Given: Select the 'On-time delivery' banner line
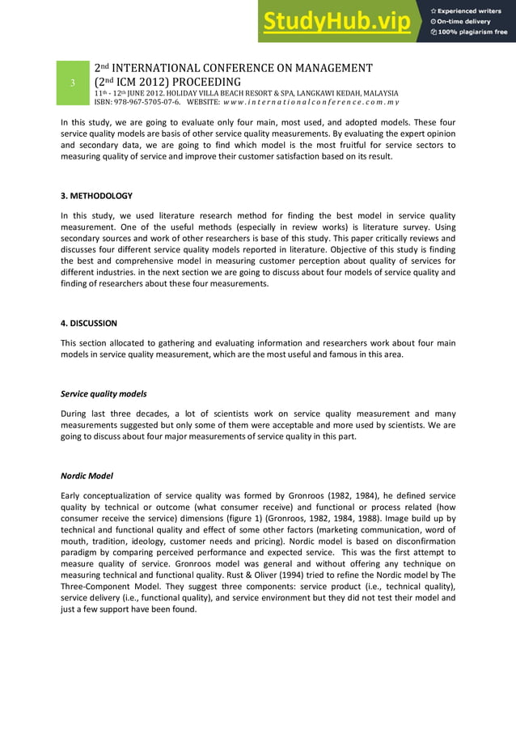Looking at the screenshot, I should [468, 21].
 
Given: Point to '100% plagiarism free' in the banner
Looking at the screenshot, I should [473, 32].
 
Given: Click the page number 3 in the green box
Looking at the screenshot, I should [73, 83].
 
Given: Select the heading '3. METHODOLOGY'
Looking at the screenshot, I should [97, 196].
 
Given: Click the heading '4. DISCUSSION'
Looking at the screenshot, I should [89, 323].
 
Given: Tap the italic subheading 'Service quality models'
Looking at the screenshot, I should [104, 394].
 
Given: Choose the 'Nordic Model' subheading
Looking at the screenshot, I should [87, 476].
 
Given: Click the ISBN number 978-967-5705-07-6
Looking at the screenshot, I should [137, 103].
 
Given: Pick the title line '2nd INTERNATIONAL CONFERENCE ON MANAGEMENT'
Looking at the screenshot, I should [234, 68].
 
